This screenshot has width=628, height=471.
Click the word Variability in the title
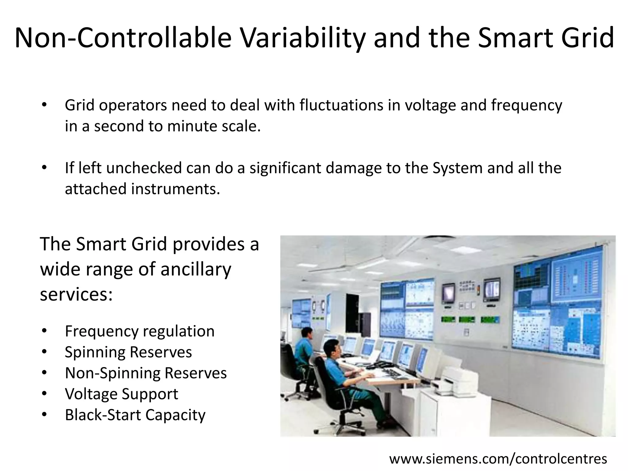(302, 38)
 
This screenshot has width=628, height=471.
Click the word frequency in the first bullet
(527, 105)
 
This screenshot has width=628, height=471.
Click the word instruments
(176, 189)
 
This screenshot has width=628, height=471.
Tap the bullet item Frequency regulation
(140, 331)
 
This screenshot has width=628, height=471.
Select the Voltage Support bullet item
(121, 394)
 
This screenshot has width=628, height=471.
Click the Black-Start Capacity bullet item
(135, 415)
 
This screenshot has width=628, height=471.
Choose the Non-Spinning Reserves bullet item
(146, 373)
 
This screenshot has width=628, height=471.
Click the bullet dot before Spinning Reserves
(44, 352)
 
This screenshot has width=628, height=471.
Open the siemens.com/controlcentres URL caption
(498, 459)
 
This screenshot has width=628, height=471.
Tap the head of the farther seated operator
(307, 334)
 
